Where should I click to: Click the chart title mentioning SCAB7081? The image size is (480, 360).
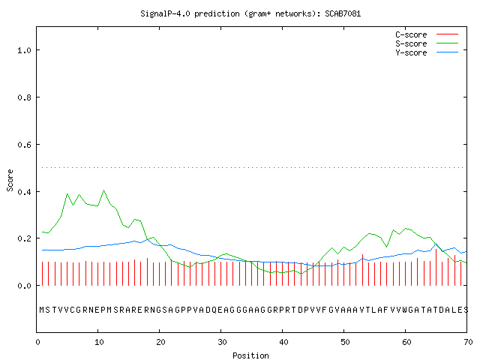point(250,13)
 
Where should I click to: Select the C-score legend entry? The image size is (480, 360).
point(427,34)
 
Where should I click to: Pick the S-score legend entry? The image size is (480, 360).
point(427,43)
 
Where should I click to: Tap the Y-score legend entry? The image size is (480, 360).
point(427,52)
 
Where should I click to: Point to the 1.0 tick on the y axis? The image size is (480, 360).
point(24,50)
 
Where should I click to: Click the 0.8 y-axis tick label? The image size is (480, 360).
point(24,97)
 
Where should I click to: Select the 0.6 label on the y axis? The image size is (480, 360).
point(24,145)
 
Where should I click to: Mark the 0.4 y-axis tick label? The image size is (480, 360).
point(24,192)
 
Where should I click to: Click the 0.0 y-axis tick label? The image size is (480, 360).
point(24,286)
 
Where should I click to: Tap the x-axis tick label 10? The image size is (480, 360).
point(99,342)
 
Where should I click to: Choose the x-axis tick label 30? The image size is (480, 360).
point(222,342)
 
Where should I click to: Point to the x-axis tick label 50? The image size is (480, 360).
point(345,342)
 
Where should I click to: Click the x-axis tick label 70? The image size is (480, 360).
point(468,342)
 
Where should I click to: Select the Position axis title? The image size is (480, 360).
point(250,355)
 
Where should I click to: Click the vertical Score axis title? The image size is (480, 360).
point(10,180)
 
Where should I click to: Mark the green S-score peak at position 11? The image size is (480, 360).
point(104,190)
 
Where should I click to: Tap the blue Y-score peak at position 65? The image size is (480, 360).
point(436,244)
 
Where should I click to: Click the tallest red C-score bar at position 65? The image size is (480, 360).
point(436,267)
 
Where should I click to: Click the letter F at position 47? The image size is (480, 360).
point(325,310)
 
